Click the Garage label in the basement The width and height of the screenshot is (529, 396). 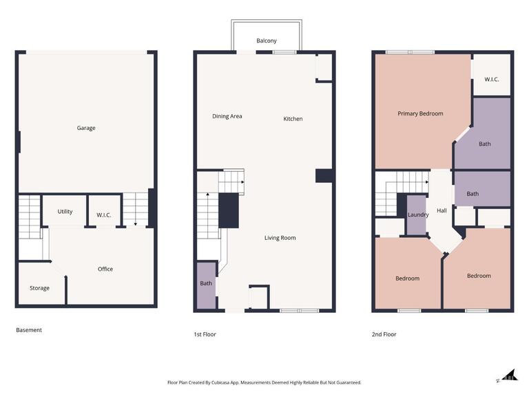(x=86, y=128)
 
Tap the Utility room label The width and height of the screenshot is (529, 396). (x=65, y=212)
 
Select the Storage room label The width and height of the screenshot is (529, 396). (x=39, y=288)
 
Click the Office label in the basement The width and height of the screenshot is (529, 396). (x=105, y=269)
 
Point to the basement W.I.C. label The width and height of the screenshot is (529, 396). (x=104, y=215)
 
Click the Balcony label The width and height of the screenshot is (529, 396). (x=267, y=41)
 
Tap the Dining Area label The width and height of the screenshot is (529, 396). (x=227, y=116)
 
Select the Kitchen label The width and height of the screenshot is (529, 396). (x=293, y=119)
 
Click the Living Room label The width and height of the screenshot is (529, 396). (x=280, y=238)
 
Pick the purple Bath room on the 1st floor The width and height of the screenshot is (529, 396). (x=206, y=284)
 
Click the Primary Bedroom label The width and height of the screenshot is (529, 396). (x=420, y=113)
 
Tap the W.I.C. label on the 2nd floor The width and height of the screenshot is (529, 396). (x=491, y=80)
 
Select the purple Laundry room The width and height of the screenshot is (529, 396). (x=418, y=214)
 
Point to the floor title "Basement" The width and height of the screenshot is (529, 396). (x=29, y=330)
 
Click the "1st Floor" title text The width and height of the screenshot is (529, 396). (x=205, y=334)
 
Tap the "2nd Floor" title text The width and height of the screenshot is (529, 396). (x=384, y=334)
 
